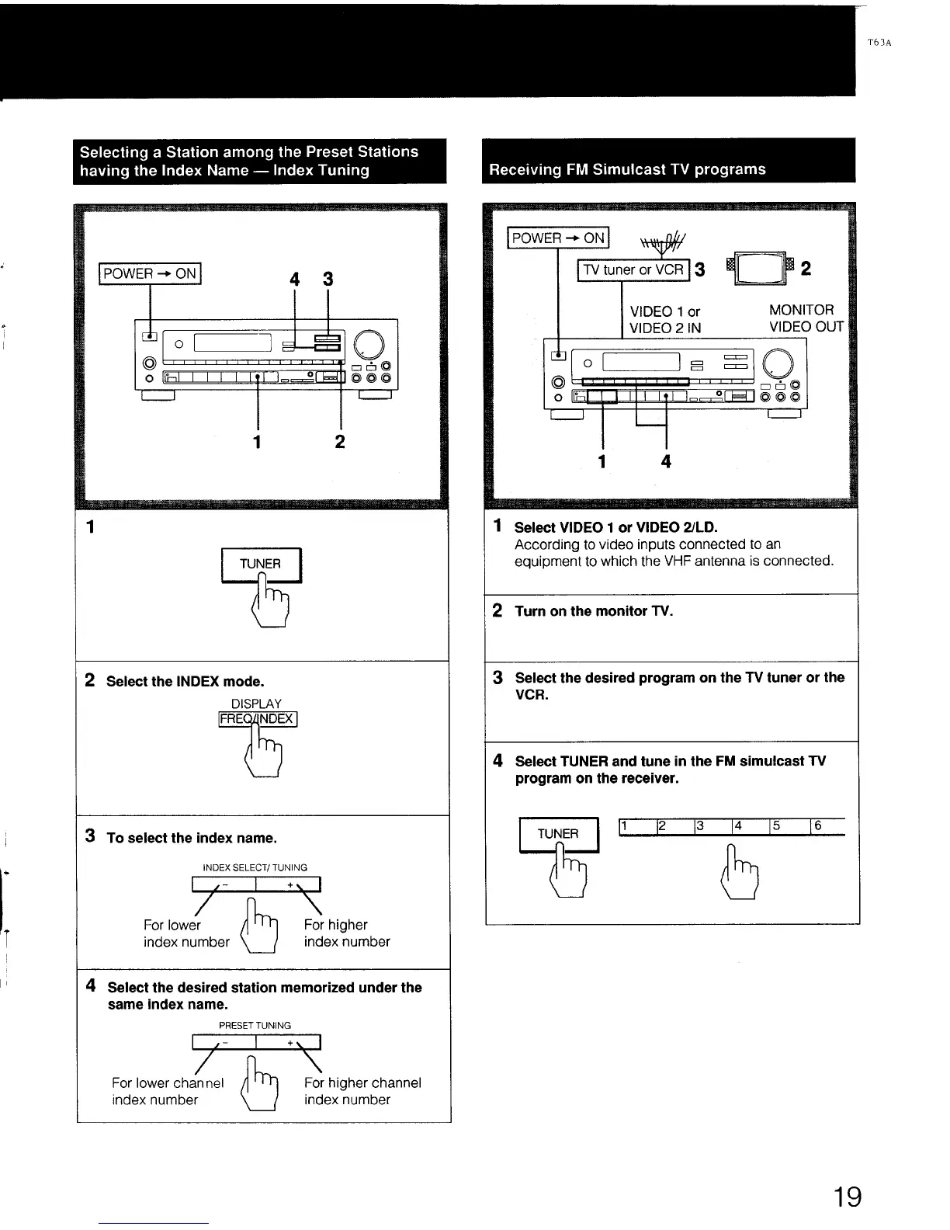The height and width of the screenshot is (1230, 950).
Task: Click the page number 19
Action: (x=848, y=1197)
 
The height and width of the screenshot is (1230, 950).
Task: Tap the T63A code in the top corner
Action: (x=879, y=43)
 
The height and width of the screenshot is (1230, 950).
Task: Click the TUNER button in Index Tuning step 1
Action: (x=261, y=565)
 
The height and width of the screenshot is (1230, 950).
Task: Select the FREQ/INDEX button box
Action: (x=257, y=719)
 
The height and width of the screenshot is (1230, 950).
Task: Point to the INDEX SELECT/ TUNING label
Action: (x=255, y=867)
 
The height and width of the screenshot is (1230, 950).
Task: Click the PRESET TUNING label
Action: (x=255, y=1025)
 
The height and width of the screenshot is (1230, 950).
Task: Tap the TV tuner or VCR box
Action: (x=633, y=270)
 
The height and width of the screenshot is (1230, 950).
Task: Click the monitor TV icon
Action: (x=758, y=269)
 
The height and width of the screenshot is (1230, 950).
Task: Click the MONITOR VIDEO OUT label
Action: (x=806, y=318)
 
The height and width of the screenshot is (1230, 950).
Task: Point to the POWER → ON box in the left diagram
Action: (x=150, y=274)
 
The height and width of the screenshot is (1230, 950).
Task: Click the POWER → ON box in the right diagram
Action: (x=558, y=238)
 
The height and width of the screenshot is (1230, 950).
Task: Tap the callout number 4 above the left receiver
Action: (x=294, y=279)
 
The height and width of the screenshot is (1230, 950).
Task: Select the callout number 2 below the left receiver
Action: (x=339, y=442)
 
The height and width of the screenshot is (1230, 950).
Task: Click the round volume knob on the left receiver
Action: (x=369, y=343)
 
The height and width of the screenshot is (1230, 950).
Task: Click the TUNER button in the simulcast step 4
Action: (x=558, y=835)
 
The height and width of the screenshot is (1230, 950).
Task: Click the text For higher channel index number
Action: (x=362, y=1091)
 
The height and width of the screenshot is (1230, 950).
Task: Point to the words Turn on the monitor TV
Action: (x=594, y=611)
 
